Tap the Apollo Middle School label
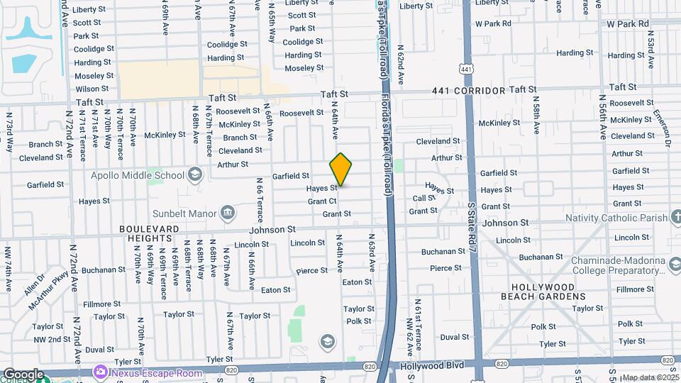pos(138,175)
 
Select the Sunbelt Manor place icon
pos(228,212)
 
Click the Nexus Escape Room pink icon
pos(100,372)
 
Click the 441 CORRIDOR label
pos(469,91)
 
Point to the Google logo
pos(23,374)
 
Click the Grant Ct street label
pos(322,201)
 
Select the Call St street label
pos(424,199)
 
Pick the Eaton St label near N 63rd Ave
pos(357,282)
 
